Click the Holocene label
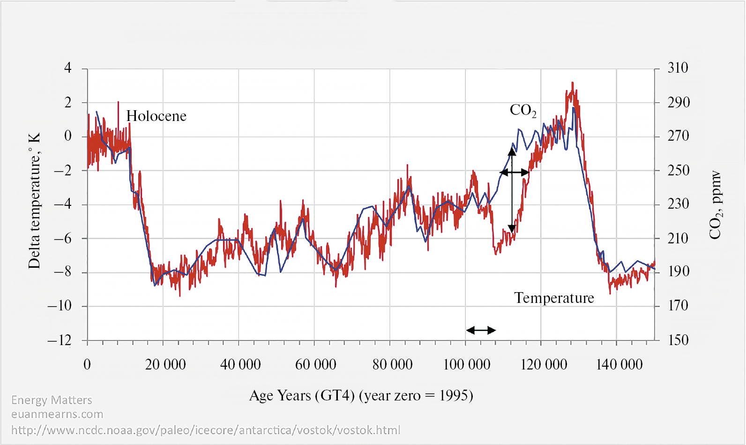(156, 116)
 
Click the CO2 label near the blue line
(522, 110)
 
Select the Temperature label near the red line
(554, 298)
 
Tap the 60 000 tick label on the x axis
(315, 364)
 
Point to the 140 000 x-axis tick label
(619, 364)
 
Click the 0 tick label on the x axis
(87, 364)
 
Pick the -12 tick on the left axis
(60, 340)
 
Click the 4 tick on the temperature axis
(68, 68)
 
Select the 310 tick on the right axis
(678, 68)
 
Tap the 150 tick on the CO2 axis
(678, 340)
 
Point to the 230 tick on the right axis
(678, 204)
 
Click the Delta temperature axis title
(34, 201)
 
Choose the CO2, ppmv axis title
(716, 205)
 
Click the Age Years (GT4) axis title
(361, 396)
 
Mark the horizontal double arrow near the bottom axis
(481, 330)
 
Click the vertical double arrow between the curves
(512, 190)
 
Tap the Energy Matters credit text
(52, 400)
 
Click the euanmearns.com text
(57, 415)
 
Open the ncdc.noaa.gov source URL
(206, 430)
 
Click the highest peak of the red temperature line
(572, 83)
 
